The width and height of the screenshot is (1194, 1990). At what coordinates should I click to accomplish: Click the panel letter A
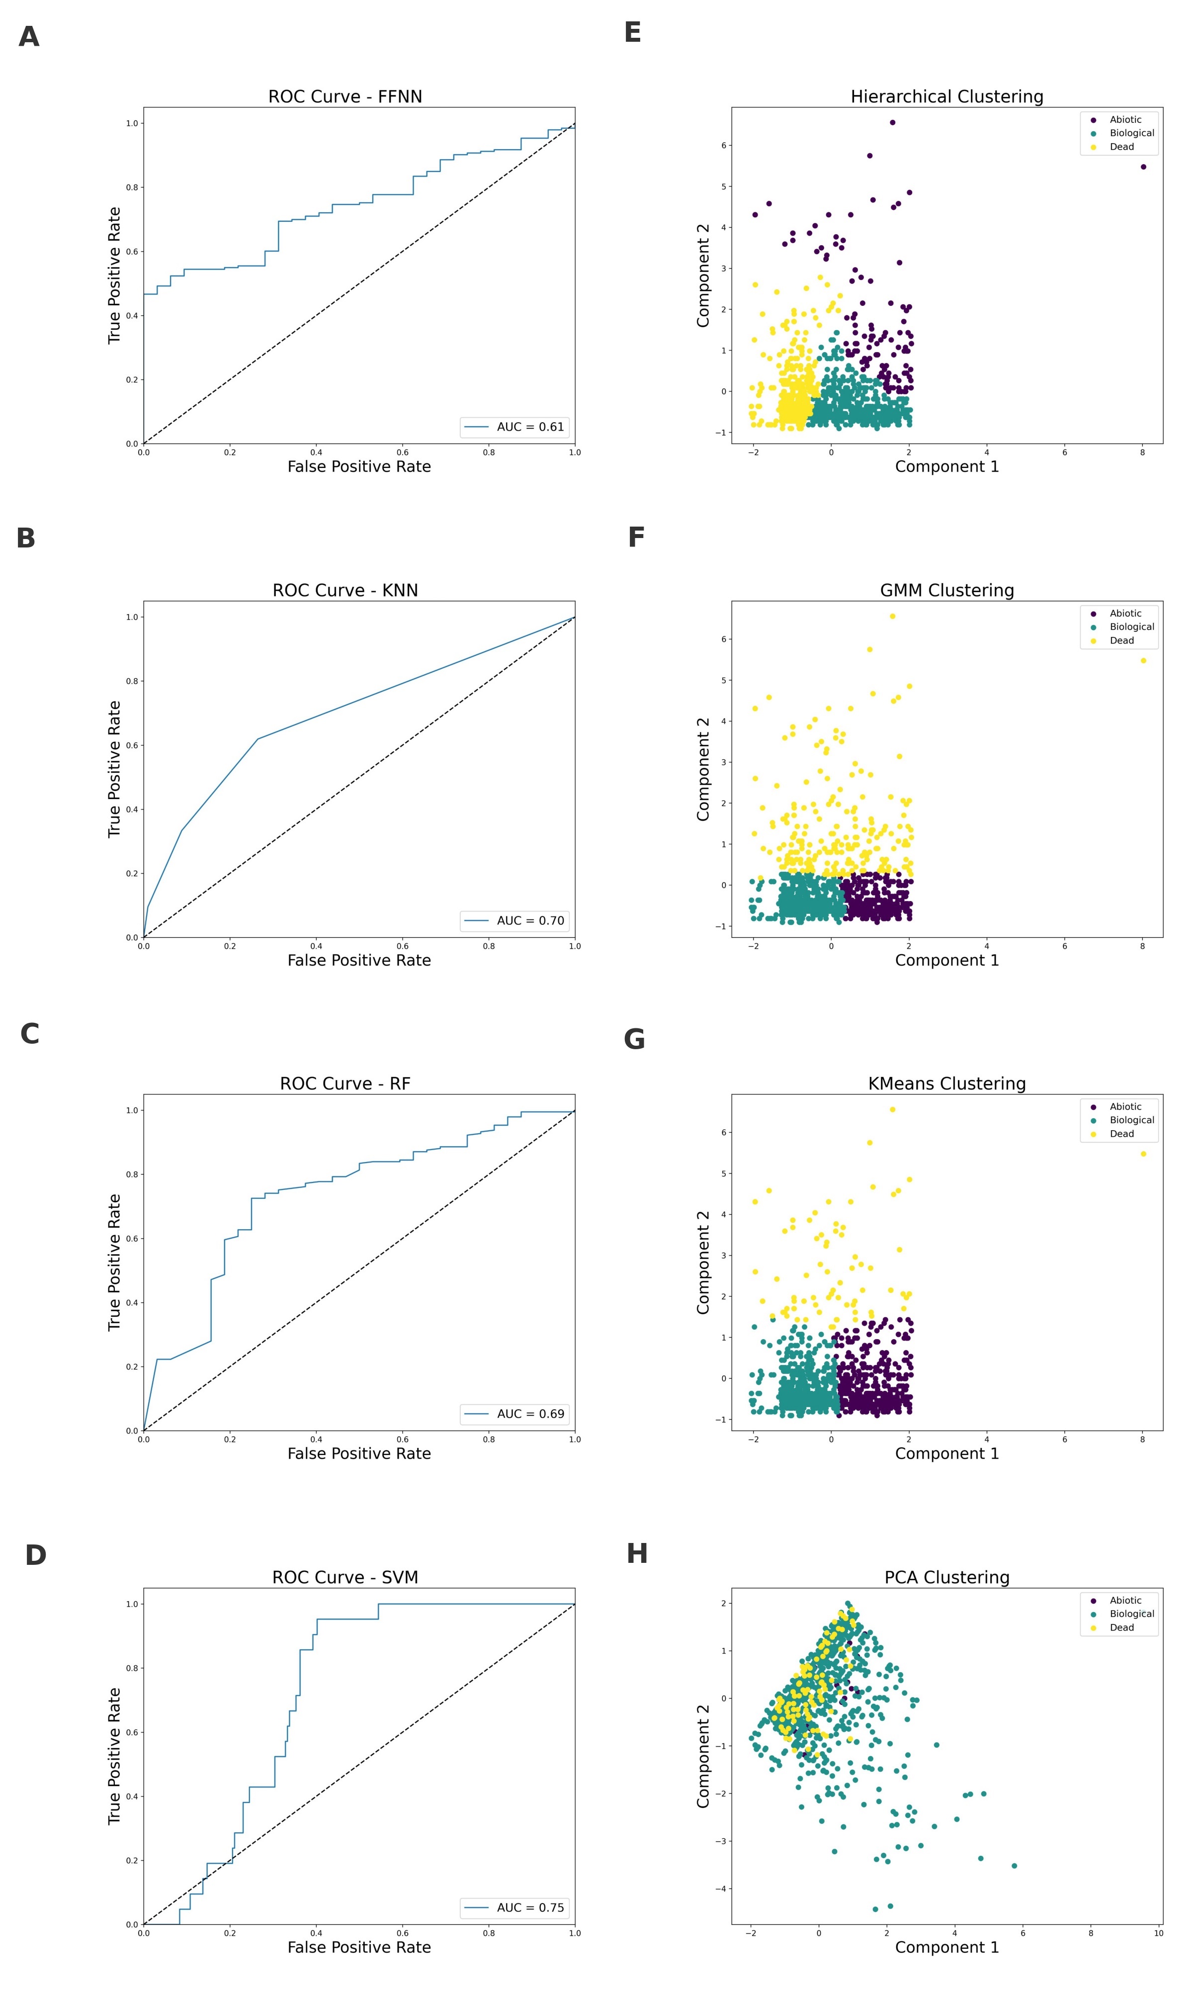click(x=29, y=37)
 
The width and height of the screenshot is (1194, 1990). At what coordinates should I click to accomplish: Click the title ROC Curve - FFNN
click(x=345, y=96)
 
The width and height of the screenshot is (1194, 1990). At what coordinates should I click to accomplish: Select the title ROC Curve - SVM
click(x=345, y=1577)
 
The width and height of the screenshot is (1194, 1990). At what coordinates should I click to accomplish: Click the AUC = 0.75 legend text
click(x=530, y=1908)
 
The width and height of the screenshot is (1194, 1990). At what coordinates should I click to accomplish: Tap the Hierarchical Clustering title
click(x=947, y=96)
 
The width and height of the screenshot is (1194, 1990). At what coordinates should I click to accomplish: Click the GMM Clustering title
click(x=947, y=591)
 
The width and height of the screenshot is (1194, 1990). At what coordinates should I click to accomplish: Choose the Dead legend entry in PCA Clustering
click(x=1121, y=1627)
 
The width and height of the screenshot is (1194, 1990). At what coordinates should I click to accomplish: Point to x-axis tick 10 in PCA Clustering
click(x=1159, y=1932)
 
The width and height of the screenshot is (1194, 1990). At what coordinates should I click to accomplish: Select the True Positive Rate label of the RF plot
click(x=114, y=1262)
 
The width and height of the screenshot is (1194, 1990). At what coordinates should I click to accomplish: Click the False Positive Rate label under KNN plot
click(x=359, y=960)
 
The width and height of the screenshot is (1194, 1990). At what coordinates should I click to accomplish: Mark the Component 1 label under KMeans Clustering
click(x=947, y=1453)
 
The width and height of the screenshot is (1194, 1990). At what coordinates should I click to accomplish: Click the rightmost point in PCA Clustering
click(x=1014, y=1865)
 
